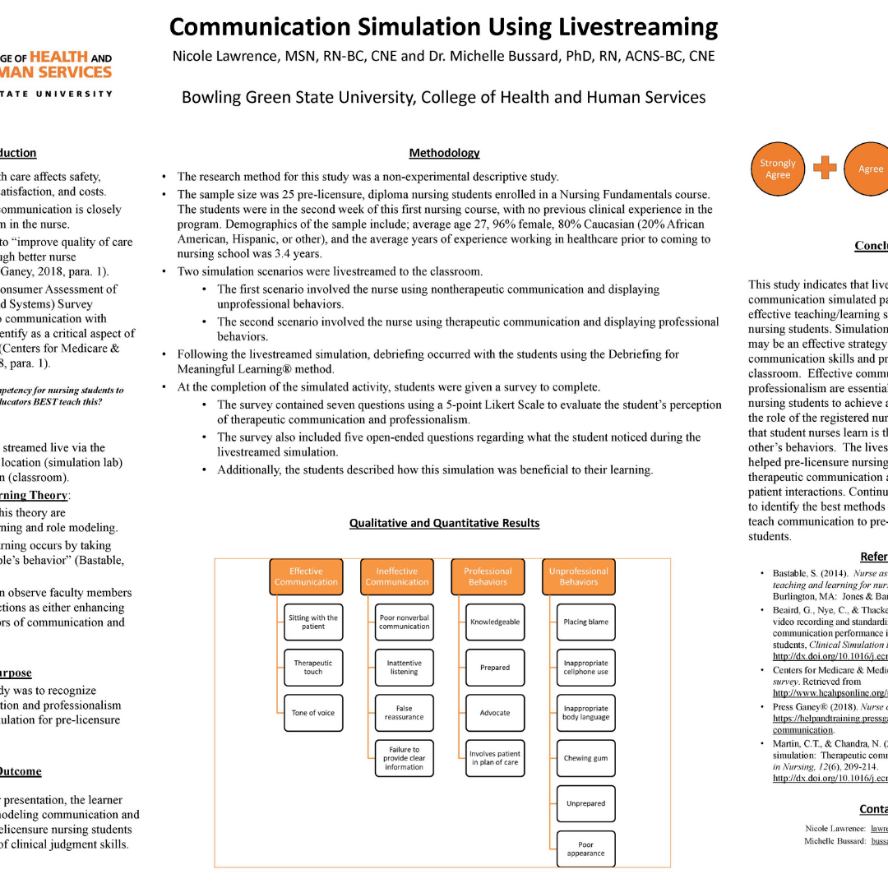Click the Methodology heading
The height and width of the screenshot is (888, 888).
(x=444, y=153)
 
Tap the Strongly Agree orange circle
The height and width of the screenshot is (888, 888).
(x=777, y=169)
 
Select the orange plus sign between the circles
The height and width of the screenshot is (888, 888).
(x=825, y=168)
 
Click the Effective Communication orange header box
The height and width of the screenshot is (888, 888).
(x=306, y=576)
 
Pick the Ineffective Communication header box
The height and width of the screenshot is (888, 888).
(x=397, y=576)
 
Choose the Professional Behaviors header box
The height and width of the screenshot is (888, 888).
(x=488, y=576)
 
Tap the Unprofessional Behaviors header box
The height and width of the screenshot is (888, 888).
(x=578, y=576)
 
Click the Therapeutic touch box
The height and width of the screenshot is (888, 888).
(x=313, y=667)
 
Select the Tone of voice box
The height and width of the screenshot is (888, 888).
(x=313, y=713)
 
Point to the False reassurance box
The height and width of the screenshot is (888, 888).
(x=404, y=713)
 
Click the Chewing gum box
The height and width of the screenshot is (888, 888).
(x=586, y=758)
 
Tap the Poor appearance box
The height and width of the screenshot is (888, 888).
(x=586, y=849)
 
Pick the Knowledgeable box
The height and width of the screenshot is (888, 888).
(x=495, y=622)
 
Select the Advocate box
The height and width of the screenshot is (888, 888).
(x=495, y=713)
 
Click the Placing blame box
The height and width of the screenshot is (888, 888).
(x=586, y=622)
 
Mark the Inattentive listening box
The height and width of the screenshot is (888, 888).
(x=404, y=667)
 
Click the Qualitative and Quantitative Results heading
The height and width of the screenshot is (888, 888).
(x=444, y=523)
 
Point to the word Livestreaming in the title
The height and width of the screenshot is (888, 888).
(x=638, y=27)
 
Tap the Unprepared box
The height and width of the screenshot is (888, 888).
(x=586, y=803)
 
